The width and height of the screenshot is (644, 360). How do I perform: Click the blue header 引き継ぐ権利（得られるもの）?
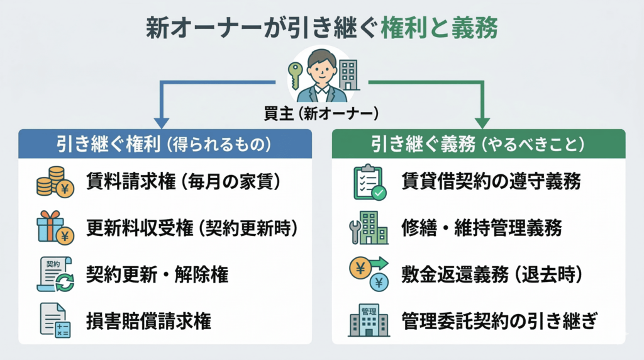coord(165,143)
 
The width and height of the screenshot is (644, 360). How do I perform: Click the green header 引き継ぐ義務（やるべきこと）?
coord(478,143)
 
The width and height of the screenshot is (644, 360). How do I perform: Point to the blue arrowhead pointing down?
coord(162,121)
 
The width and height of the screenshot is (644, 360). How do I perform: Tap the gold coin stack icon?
coord(53,182)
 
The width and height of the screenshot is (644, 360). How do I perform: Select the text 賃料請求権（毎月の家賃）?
coord(182,182)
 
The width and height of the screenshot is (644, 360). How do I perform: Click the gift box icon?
coord(53,228)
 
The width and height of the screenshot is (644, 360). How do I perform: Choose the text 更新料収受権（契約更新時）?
coord(191,228)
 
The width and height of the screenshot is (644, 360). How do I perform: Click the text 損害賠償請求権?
coord(148,321)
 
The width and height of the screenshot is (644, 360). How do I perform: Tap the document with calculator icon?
coord(55,320)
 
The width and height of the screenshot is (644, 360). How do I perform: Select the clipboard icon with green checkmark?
coord(369,182)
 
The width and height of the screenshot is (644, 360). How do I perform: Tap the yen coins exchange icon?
coord(369,274)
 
